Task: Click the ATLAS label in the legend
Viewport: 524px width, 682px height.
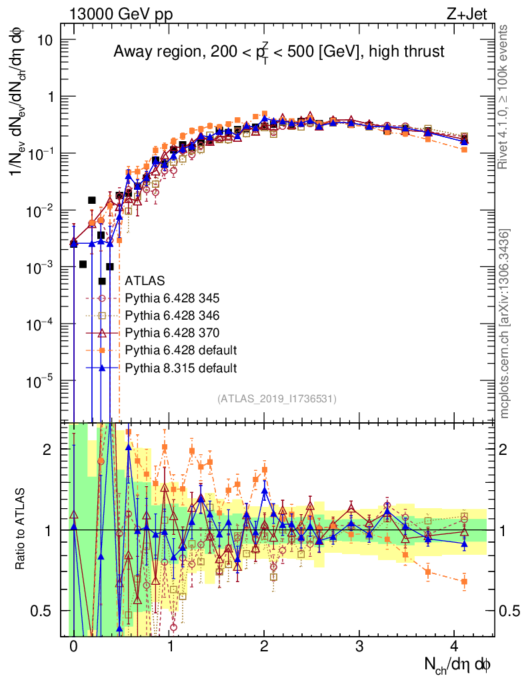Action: [145, 280]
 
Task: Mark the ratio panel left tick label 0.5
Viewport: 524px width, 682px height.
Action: [43, 611]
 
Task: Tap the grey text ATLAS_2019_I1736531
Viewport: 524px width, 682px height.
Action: [277, 399]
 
